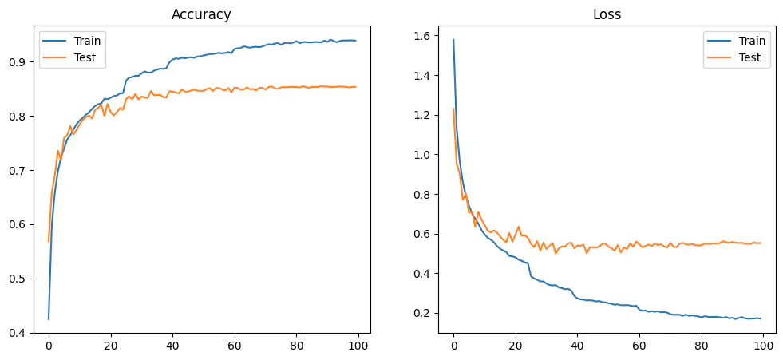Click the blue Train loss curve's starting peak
tap(453, 40)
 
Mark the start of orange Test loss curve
tap(453, 109)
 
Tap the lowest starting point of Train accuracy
tap(48, 319)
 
